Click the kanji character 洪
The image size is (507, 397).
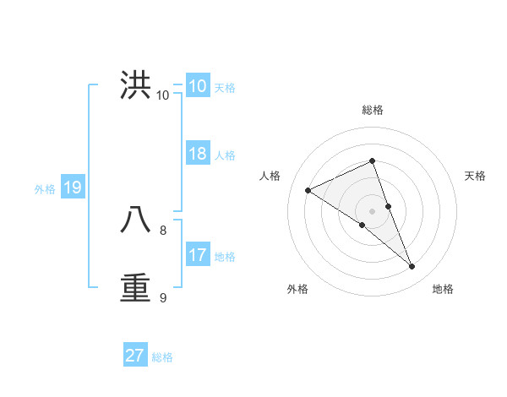[x=136, y=85]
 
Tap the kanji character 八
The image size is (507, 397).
[x=136, y=220]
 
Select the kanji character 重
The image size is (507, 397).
[x=136, y=287]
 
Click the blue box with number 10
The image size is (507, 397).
[x=197, y=86]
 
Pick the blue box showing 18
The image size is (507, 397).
[x=197, y=154]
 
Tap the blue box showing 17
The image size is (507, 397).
[x=197, y=255]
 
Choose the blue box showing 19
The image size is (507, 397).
[x=72, y=188]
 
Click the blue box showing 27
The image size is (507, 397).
[x=134, y=356]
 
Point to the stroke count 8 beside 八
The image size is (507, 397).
[x=163, y=230]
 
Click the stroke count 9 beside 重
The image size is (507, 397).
[x=163, y=297]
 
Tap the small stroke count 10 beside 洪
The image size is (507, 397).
[x=162, y=95]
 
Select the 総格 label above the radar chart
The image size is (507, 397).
[x=373, y=110]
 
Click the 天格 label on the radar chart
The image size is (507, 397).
[x=475, y=176]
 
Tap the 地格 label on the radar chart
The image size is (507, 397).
[x=443, y=289]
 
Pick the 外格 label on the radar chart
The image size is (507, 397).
[x=297, y=289]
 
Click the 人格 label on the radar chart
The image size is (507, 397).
[x=270, y=176]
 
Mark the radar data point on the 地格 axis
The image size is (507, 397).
[x=412, y=267]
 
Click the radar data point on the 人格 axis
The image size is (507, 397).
[x=308, y=190]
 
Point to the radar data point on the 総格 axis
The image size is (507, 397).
[x=373, y=160]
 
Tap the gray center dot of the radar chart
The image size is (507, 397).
[x=373, y=211]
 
